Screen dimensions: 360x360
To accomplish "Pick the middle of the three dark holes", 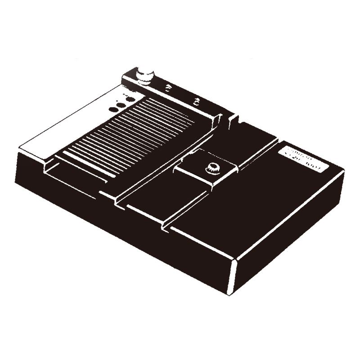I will point(121,104).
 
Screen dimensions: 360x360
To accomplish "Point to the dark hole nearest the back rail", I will point(130,99).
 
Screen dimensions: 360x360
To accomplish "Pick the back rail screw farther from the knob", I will point(196,101).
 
